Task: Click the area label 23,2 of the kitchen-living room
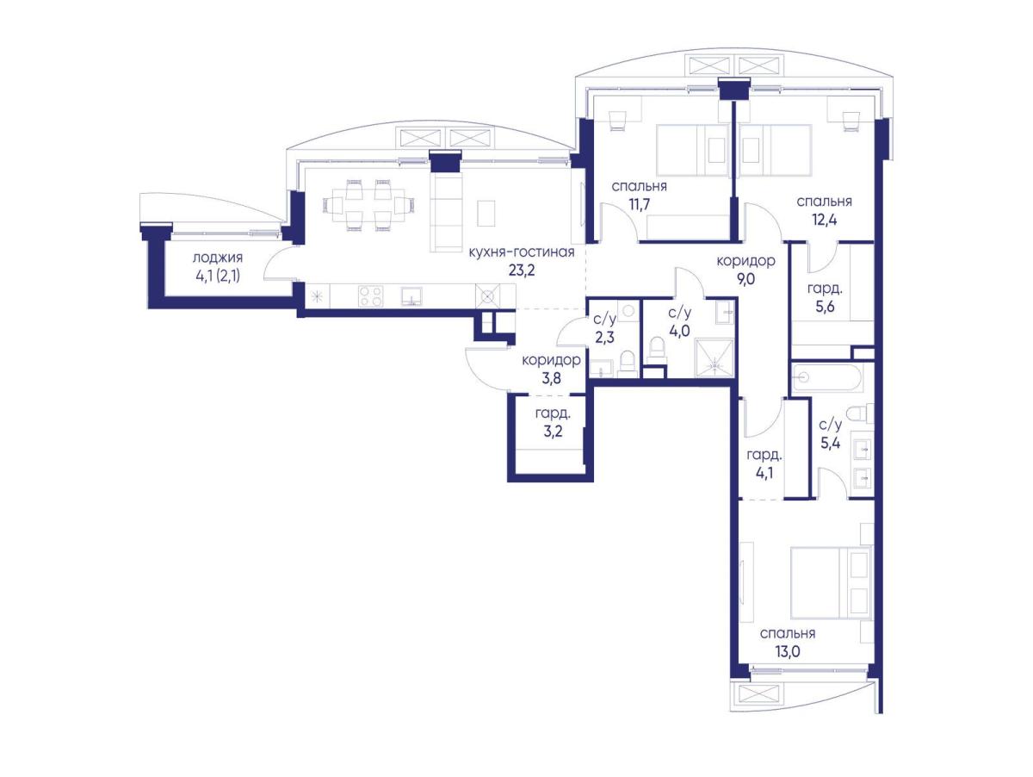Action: click(522, 270)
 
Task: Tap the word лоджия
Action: click(218, 258)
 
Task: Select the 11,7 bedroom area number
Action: click(639, 204)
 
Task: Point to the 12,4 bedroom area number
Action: click(824, 220)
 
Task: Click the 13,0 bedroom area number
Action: click(788, 652)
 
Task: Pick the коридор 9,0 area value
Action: click(745, 279)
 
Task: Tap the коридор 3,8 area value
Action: click(551, 378)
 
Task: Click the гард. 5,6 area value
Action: click(825, 307)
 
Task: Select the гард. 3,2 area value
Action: click(553, 432)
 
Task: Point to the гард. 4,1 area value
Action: click(764, 473)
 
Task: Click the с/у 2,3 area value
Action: click(604, 338)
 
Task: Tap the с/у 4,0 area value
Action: click(679, 331)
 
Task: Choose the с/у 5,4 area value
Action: click(830, 443)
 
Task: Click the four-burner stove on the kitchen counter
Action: click(370, 296)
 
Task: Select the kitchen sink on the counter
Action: click(411, 296)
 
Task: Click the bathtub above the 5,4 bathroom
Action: click(827, 377)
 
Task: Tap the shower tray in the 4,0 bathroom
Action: click(714, 358)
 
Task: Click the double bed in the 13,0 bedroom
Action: click(831, 583)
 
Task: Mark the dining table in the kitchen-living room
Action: click(368, 205)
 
